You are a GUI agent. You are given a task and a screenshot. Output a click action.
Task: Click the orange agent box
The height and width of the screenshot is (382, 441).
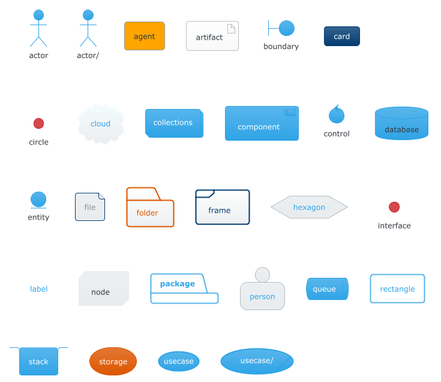tap(145, 36)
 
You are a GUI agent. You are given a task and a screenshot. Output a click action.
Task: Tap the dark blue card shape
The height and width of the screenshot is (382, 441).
tap(342, 36)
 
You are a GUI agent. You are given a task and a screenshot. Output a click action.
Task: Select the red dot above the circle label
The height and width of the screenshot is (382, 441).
tap(38, 123)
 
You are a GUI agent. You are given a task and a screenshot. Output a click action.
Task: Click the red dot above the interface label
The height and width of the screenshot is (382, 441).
tap(394, 207)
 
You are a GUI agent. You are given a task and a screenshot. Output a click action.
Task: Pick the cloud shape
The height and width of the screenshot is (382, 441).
tap(101, 124)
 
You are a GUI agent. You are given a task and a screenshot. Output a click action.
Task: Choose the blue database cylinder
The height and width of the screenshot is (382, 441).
tap(401, 123)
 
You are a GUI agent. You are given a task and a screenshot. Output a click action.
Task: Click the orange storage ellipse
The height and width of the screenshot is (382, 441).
tap(113, 361)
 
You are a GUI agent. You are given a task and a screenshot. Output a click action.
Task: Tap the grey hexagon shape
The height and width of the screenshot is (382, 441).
tap(309, 207)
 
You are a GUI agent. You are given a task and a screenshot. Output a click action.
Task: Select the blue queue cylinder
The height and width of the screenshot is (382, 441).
tap(328, 289)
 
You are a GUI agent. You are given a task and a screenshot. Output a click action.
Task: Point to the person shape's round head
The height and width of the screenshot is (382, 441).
tap(262, 274)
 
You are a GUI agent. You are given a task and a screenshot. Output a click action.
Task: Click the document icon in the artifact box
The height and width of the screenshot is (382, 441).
tap(231, 29)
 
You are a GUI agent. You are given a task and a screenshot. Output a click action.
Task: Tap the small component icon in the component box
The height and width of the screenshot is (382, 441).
tap(290, 113)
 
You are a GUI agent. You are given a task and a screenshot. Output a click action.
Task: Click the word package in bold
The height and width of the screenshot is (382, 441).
tap(178, 284)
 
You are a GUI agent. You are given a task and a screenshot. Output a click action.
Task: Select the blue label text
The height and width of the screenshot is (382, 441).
tap(39, 289)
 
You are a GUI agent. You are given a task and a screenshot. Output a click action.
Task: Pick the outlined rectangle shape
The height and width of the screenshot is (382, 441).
tap(397, 289)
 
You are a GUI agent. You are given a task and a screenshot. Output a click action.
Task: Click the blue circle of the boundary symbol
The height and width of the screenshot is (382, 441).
tap(287, 28)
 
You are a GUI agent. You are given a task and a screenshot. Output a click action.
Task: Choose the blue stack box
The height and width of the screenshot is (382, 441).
tap(39, 361)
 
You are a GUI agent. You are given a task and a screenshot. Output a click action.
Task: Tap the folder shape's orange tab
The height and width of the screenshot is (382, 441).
tap(143, 194)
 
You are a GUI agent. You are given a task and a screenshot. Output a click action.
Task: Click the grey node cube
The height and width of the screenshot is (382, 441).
tap(104, 289)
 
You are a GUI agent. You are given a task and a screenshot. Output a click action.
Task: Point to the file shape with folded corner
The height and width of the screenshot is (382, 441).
tap(90, 207)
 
